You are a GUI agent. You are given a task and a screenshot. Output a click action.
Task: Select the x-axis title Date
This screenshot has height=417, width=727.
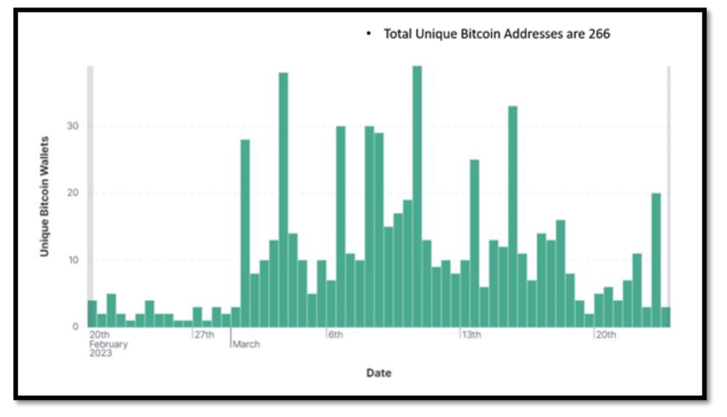click(378, 373)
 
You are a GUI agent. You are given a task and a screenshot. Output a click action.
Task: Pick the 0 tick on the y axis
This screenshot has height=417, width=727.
click(75, 327)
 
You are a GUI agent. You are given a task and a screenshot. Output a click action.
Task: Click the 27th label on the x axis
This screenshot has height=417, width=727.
click(204, 335)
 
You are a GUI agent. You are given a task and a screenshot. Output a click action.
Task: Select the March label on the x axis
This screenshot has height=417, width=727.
click(246, 344)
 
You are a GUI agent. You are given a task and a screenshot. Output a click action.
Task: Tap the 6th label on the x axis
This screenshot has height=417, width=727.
click(336, 335)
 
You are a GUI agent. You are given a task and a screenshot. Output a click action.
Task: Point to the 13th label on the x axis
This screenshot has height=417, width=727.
click(471, 335)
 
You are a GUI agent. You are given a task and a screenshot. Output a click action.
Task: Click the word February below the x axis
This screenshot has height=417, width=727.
click(109, 344)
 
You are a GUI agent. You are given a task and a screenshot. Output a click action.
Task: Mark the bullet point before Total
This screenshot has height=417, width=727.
click(368, 35)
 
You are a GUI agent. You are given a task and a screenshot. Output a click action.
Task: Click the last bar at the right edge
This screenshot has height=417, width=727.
click(665, 317)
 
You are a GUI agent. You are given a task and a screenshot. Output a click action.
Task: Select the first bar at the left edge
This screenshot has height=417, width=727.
click(92, 314)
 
